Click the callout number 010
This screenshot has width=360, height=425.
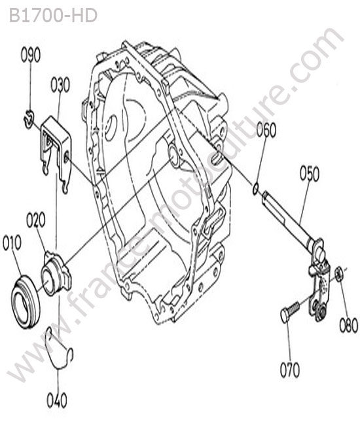[12, 243]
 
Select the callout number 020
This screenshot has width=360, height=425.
[36, 220]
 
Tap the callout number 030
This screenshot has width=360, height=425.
[60, 85]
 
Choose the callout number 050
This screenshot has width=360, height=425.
[310, 173]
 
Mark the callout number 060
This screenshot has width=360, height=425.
[266, 130]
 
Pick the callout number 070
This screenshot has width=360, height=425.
[290, 370]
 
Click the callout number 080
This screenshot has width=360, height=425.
[349, 325]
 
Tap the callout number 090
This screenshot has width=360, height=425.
[30, 55]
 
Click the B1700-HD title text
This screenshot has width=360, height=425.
[53, 16]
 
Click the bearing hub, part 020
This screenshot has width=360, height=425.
[56, 274]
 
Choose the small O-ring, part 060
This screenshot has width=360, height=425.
[255, 188]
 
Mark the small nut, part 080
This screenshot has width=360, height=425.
[339, 275]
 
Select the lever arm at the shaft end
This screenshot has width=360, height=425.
[319, 282]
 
